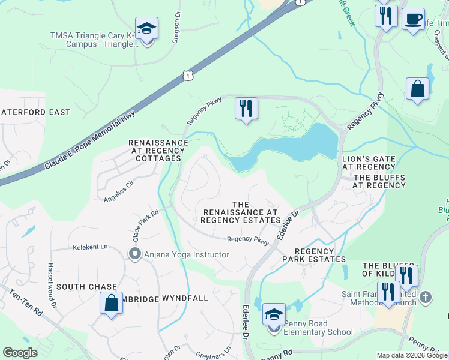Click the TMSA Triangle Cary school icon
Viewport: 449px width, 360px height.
point(146,29)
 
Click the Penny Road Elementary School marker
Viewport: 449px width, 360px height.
point(274,315)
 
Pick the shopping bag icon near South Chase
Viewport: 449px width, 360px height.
point(112,303)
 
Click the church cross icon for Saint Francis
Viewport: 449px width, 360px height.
point(426,297)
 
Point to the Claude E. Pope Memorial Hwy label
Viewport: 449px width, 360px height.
point(91,139)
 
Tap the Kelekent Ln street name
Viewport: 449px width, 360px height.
point(90,247)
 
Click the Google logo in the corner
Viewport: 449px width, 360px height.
point(20,353)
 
